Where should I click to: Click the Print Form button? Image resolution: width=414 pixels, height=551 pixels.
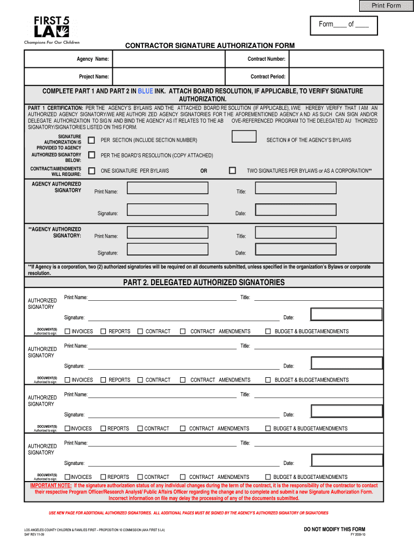pyautogui.click(x=387, y=5)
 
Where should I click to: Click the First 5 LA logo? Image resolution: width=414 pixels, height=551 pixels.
pyautogui.click(x=52, y=30)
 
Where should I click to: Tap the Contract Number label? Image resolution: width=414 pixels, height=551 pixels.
pyautogui.click(x=266, y=59)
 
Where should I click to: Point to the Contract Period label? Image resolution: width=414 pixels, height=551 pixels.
pyautogui.click(x=268, y=76)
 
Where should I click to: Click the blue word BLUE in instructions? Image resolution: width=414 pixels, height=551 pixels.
pyautogui.click(x=146, y=91)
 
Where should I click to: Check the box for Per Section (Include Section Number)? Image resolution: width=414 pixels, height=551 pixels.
pyautogui.click(x=91, y=140)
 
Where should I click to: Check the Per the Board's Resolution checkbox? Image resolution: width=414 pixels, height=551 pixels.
pyautogui.click(x=91, y=155)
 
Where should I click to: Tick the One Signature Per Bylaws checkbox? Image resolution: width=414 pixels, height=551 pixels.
pyautogui.click(x=91, y=171)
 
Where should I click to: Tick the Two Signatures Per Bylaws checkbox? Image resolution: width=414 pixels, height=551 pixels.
pyautogui.click(x=232, y=171)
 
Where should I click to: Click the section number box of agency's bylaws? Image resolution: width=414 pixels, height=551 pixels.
pyautogui.click(x=244, y=137)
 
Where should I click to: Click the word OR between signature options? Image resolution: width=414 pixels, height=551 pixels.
pyautogui.click(x=204, y=171)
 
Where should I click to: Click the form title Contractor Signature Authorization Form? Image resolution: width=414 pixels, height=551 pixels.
pyautogui.click(x=210, y=46)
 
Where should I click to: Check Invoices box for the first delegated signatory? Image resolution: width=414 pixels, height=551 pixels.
pyautogui.click(x=68, y=331)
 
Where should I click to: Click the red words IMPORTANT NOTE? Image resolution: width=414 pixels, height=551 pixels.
pyautogui.click(x=51, y=485)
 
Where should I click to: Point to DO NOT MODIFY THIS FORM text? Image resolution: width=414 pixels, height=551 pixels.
pyautogui.click(x=334, y=529)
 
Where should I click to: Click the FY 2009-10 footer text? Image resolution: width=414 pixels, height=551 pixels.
pyautogui.click(x=357, y=535)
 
